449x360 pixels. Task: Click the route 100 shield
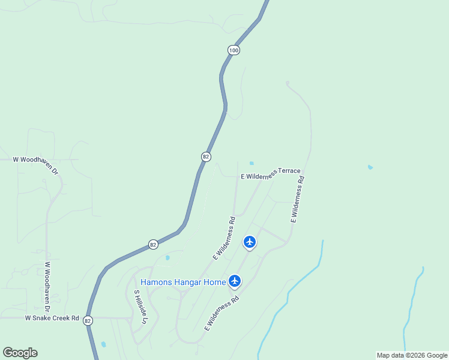click(234, 50)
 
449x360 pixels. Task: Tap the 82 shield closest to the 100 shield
click(206, 156)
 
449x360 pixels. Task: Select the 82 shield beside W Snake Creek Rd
click(88, 320)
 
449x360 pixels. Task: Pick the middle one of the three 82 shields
click(153, 244)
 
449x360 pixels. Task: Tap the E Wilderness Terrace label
click(270, 175)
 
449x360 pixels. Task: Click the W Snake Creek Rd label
click(52, 318)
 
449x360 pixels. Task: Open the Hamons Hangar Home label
click(183, 282)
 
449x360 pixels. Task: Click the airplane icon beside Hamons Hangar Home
click(234, 280)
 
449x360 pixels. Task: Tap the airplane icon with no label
click(250, 242)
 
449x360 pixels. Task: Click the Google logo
click(20, 353)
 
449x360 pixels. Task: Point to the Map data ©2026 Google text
click(412, 355)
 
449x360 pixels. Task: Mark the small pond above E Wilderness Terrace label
click(252, 163)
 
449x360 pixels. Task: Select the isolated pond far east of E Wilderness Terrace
click(370, 167)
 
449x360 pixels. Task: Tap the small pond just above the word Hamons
click(167, 258)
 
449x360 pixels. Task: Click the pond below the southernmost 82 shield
click(104, 344)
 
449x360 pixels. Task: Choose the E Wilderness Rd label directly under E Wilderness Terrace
click(298, 200)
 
